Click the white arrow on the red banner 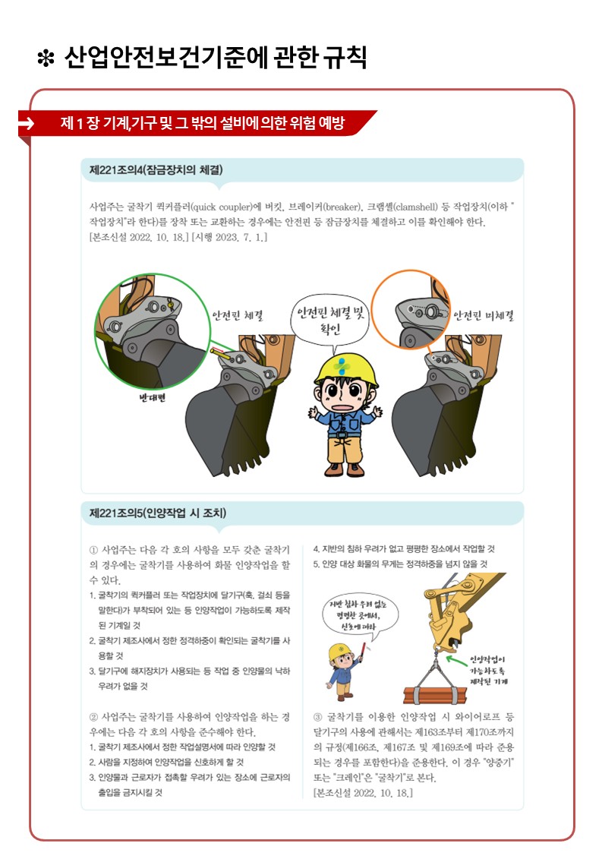[x=26, y=124]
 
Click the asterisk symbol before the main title [x=46, y=58]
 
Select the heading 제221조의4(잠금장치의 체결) [x=156, y=169]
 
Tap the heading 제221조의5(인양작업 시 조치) [x=158, y=513]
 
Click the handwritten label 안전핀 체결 [x=238, y=315]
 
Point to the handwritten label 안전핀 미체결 [x=484, y=315]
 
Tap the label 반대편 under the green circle [x=153, y=398]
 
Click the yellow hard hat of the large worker [x=345, y=369]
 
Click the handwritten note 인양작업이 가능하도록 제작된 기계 [x=488, y=670]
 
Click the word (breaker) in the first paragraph [x=342, y=207]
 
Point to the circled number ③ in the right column [x=318, y=717]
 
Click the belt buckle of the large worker [x=342, y=435]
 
